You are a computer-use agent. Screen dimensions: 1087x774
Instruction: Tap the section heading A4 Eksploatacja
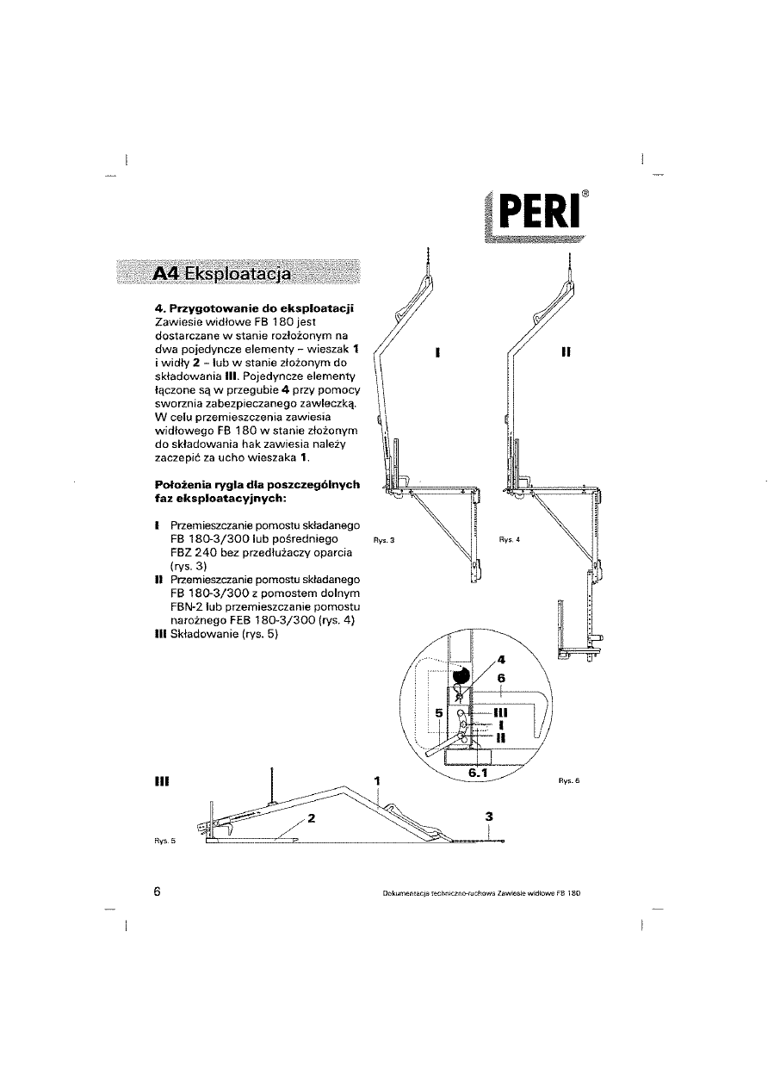pos(221,274)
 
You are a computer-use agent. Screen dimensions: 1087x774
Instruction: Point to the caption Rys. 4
pos(511,540)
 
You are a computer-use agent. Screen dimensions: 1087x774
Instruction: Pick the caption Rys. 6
pos(571,780)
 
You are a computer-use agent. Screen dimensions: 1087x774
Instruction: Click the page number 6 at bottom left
pos(158,891)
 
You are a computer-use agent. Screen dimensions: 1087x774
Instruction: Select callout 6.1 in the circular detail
pos(478,773)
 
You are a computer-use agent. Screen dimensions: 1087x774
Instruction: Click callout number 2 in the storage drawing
pos(313,818)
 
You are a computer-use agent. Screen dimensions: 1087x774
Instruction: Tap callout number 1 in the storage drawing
pos(377,780)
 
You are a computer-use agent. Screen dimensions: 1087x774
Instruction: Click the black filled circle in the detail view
pos(460,675)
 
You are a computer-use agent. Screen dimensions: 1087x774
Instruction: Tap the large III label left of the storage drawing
pos(160,781)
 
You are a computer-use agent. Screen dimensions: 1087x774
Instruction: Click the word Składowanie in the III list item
pos(209,635)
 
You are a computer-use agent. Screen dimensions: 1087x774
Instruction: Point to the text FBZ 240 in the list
pos(198,552)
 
